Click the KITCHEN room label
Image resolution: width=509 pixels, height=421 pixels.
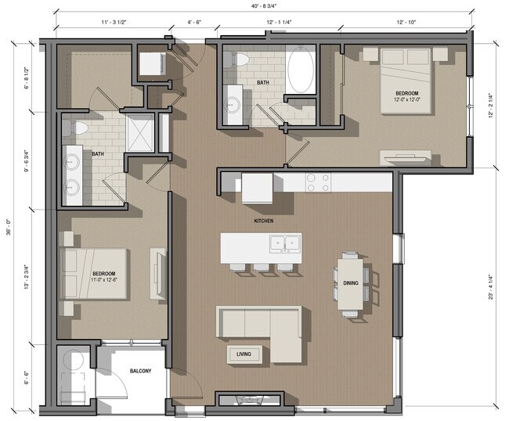263,221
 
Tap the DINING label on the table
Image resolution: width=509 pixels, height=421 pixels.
350,283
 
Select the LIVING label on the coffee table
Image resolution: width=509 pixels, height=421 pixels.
244,354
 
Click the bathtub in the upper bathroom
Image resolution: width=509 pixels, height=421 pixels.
301,70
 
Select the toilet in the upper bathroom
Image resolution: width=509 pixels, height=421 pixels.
242,59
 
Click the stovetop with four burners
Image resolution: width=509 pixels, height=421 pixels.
316,182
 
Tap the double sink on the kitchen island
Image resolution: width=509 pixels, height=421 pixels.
283,243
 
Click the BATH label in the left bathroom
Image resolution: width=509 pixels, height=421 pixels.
98,154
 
